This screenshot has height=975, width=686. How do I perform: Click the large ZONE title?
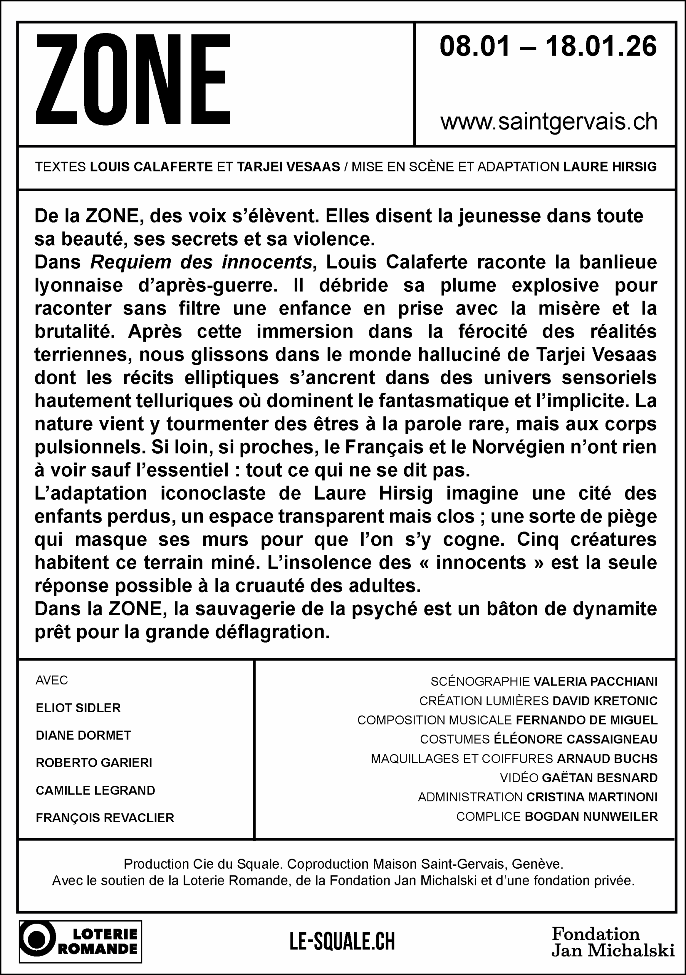(132, 80)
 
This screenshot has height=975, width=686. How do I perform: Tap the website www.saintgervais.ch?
(549, 122)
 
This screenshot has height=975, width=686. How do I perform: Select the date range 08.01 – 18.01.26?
(547, 46)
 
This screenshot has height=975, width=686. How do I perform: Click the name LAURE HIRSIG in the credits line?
(609, 167)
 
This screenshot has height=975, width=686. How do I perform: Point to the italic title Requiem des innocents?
(201, 262)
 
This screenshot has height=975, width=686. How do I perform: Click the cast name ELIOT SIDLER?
(78, 708)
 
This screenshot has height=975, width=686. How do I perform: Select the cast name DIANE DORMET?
(83, 735)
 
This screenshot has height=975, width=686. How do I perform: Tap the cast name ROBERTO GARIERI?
(94, 763)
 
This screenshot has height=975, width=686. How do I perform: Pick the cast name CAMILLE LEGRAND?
(96, 790)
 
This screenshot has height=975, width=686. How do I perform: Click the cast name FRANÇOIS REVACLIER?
(105, 818)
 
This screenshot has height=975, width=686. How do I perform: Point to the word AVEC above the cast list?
(52, 680)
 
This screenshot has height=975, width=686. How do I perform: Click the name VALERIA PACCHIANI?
(595, 682)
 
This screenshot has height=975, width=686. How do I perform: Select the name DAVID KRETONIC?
(605, 701)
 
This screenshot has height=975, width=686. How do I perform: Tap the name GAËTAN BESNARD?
(600, 778)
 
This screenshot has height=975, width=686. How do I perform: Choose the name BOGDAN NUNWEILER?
(591, 817)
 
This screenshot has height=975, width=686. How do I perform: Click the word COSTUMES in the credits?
(455, 739)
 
